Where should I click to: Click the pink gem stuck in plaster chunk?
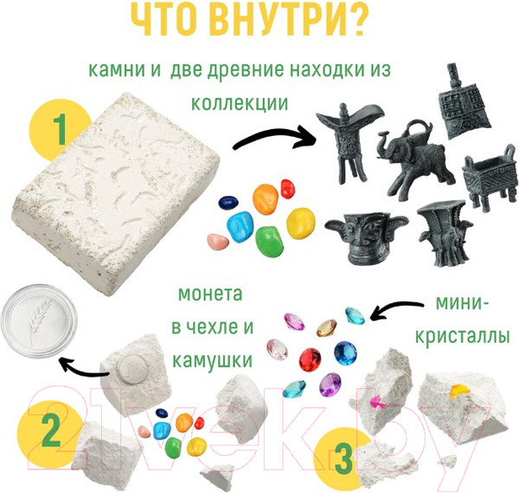[378, 400]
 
